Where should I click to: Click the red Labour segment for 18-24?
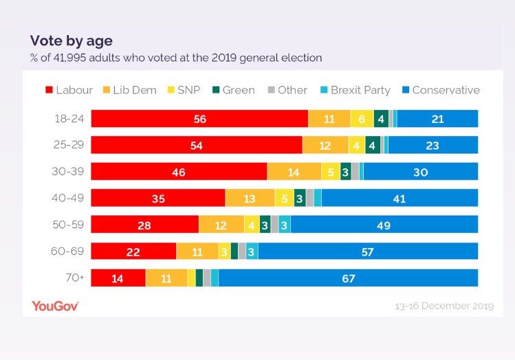(x=199, y=119)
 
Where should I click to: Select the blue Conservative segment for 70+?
(x=348, y=278)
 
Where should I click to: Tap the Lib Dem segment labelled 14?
(x=294, y=172)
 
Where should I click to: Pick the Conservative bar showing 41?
(x=399, y=199)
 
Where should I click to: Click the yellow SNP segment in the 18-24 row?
(x=362, y=119)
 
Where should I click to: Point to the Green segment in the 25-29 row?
(x=372, y=146)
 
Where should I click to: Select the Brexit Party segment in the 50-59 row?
(x=284, y=225)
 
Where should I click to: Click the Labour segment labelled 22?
(x=133, y=252)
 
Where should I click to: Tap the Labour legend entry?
(x=69, y=90)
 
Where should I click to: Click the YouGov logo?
(x=55, y=306)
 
